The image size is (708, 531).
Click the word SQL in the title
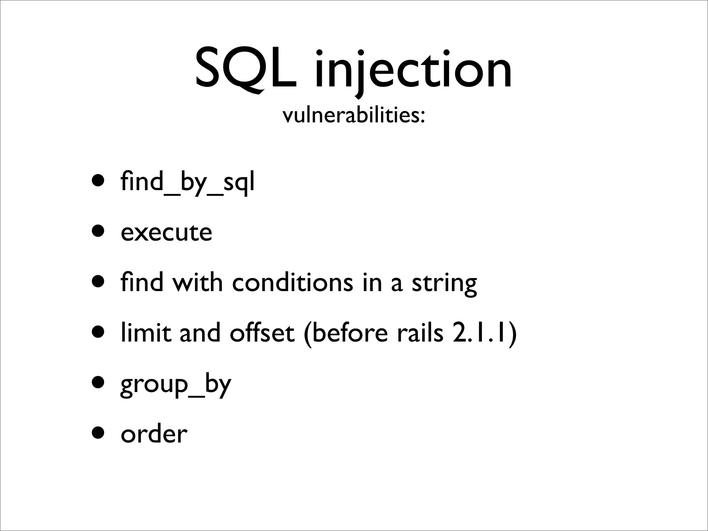[246, 69]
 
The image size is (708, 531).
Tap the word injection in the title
[413, 69]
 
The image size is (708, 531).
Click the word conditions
[292, 282]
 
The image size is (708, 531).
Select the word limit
[146, 333]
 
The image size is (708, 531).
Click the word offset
[262, 333]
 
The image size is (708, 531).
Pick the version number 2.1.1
[480, 333]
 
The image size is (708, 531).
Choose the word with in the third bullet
[197, 282]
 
